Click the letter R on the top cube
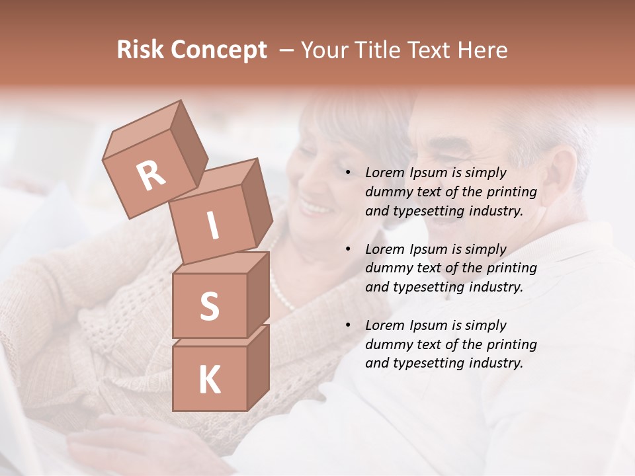[151, 175]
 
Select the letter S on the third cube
[209, 306]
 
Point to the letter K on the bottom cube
[209, 380]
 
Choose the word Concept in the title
[218, 50]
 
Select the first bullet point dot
[348, 173]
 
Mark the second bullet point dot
[348, 250]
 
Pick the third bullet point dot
[348, 326]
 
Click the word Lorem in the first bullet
[383, 173]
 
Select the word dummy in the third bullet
[386, 344]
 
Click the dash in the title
[287, 50]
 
